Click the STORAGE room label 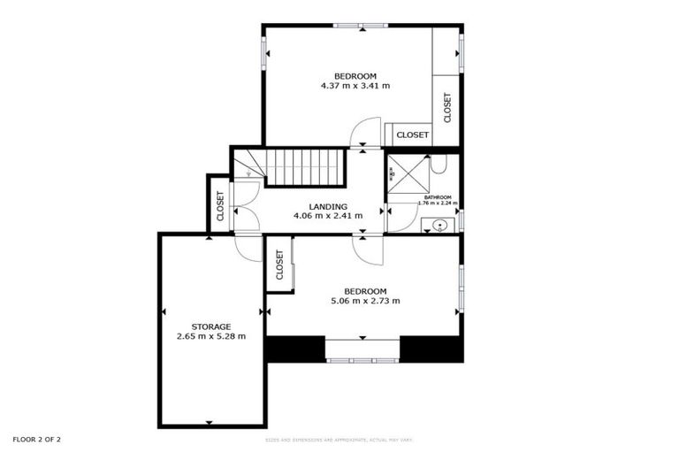click(x=210, y=326)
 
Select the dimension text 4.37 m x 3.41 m click(x=355, y=86)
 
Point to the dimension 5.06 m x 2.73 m click(x=365, y=301)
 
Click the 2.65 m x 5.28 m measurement click(x=210, y=336)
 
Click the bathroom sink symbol click(x=439, y=226)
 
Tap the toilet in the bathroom click(x=439, y=164)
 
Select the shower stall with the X click(x=403, y=175)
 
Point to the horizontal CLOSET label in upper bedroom click(x=412, y=135)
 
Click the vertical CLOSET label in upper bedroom click(x=447, y=108)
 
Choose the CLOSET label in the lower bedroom click(x=279, y=265)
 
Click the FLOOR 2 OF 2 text click(x=36, y=439)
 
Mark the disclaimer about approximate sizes click(x=339, y=440)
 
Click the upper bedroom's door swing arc click(x=364, y=134)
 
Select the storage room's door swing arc click(x=249, y=248)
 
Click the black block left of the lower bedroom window click(x=295, y=349)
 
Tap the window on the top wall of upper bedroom click(x=361, y=26)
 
